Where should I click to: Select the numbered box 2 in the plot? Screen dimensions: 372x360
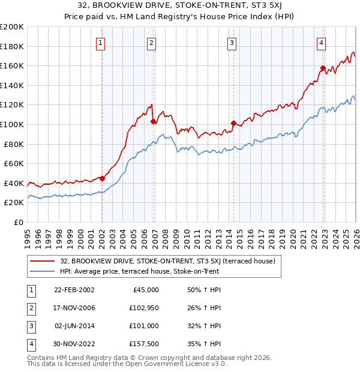[152, 43]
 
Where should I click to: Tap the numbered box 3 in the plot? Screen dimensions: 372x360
[232, 43]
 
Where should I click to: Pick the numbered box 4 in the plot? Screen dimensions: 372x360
[322, 43]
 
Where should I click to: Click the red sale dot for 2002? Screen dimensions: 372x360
[102, 178]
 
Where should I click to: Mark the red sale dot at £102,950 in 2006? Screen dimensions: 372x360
[154, 121]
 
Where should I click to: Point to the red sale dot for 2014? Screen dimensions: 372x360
[233, 123]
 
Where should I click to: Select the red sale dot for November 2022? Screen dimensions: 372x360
[323, 68]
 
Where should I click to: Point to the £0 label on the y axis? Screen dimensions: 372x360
[19, 222]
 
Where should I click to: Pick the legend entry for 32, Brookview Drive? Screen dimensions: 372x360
[167, 261]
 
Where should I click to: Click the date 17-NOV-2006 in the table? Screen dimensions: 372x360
[74, 308]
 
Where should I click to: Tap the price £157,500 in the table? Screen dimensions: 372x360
[144, 344]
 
